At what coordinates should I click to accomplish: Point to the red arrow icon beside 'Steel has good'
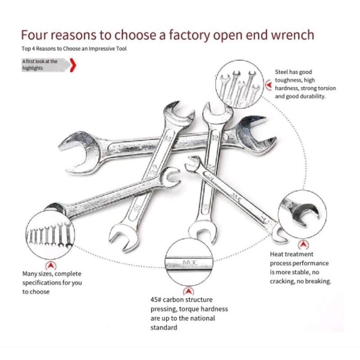click(x=269, y=84)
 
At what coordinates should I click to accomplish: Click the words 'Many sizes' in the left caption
click(x=37, y=274)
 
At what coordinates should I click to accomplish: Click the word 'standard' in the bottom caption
click(x=164, y=328)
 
